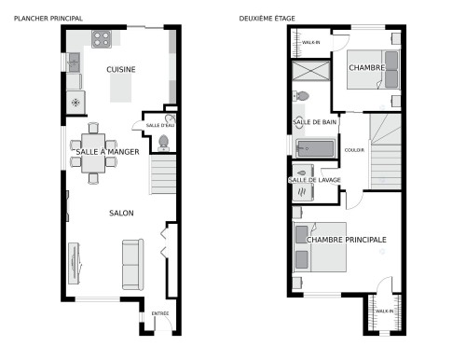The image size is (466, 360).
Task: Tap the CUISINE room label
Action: pyautogui.click(x=121, y=70)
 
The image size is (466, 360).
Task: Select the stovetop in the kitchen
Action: pyautogui.click(x=102, y=39)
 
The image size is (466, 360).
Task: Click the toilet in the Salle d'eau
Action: pyautogui.click(x=164, y=142)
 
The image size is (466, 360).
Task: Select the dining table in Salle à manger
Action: pyautogui.click(x=95, y=150)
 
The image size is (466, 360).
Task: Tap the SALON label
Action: pyautogui.click(x=121, y=214)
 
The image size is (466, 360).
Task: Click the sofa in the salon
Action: pyautogui.click(x=132, y=264)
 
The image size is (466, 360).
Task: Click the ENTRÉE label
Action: pyautogui.click(x=160, y=314)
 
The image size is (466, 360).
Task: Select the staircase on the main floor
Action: pyautogui.click(x=163, y=174)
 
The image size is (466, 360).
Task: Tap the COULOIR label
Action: pyautogui.click(x=354, y=150)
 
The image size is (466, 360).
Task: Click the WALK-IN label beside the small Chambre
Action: pyautogui.click(x=309, y=43)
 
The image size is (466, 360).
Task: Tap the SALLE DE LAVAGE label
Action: pyautogui.click(x=313, y=180)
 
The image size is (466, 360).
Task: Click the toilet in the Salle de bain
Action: pyautogui.click(x=302, y=96)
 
